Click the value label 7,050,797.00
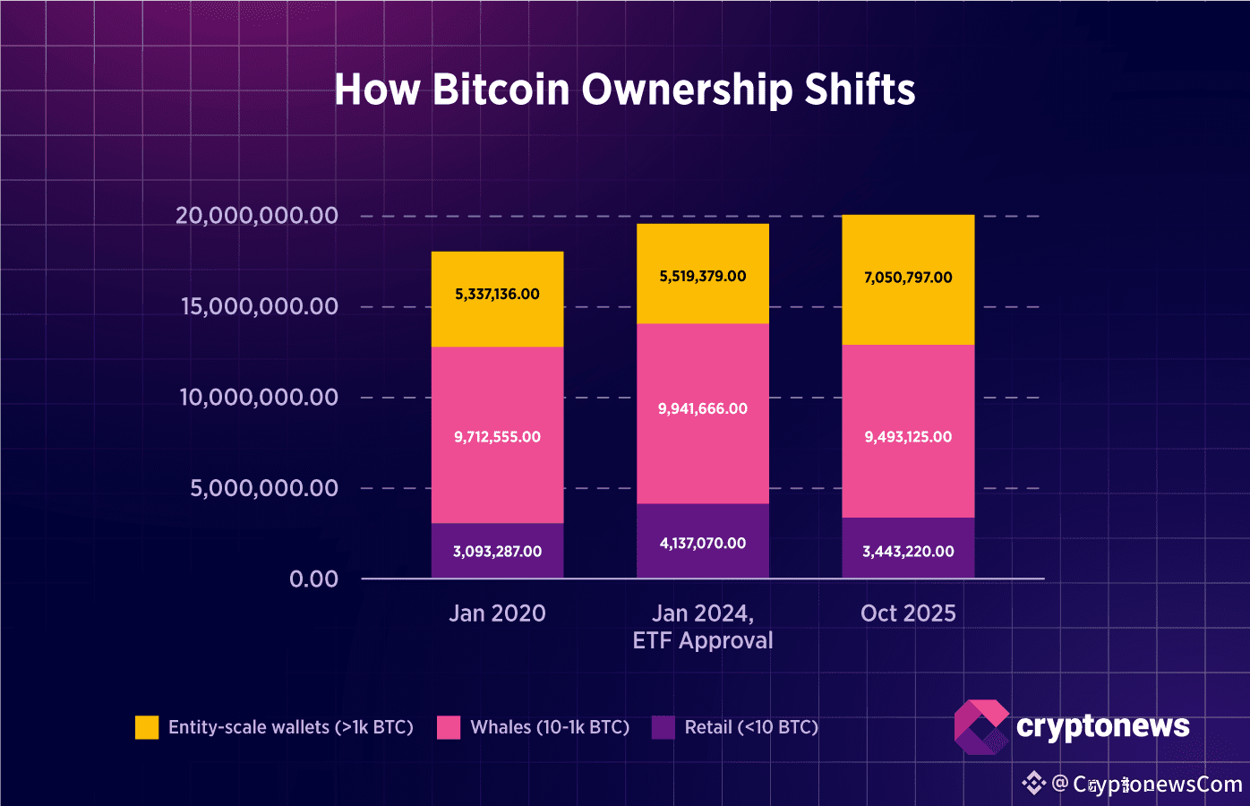pyautogui.click(x=908, y=278)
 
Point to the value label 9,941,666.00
pyautogui.click(x=703, y=408)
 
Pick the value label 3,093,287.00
pyautogui.click(x=497, y=552)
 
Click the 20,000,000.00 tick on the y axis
pyautogui.click(x=257, y=216)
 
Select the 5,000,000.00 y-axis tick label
pyautogui.click(x=264, y=488)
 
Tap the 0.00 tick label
pyautogui.click(x=313, y=579)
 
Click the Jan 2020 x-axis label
pyautogui.click(x=497, y=613)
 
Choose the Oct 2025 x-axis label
pyautogui.click(x=908, y=613)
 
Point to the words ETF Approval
pyautogui.click(x=703, y=641)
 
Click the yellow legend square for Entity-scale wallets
pyautogui.click(x=147, y=727)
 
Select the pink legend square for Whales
pyautogui.click(x=449, y=727)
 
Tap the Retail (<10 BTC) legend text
pyautogui.click(x=751, y=727)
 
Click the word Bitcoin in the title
pyautogui.click(x=501, y=90)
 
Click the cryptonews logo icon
pyautogui.click(x=980, y=726)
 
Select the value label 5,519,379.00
pyautogui.click(x=703, y=276)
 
